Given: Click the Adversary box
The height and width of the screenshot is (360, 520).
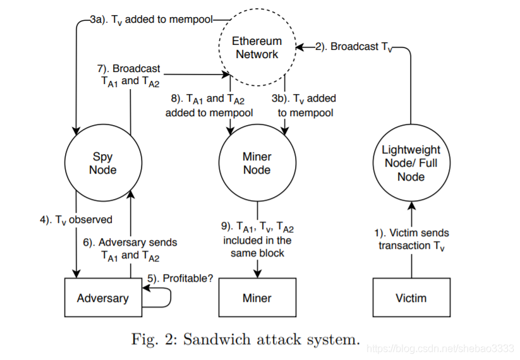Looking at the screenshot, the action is (103, 297).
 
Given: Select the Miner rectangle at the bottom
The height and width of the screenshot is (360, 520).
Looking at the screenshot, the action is (257, 297).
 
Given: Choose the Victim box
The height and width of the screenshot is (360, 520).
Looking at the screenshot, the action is (411, 297).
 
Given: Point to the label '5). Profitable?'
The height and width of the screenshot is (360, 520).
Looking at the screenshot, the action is (180, 279).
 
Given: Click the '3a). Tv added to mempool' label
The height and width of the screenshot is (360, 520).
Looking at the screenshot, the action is (151, 20).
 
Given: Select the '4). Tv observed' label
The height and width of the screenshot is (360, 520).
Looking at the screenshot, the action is (76, 220).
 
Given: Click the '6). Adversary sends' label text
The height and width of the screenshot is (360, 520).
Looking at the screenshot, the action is (130, 243).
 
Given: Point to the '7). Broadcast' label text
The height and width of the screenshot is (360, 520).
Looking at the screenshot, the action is (129, 69).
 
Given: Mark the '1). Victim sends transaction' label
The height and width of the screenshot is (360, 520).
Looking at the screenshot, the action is (411, 239).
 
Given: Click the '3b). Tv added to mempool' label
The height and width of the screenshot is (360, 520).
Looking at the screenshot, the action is (304, 105).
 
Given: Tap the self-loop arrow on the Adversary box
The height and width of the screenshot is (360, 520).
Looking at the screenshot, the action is (171, 297).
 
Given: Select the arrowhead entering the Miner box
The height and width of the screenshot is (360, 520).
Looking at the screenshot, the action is (257, 274).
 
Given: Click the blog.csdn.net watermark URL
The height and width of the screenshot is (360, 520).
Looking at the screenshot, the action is (441, 349).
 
